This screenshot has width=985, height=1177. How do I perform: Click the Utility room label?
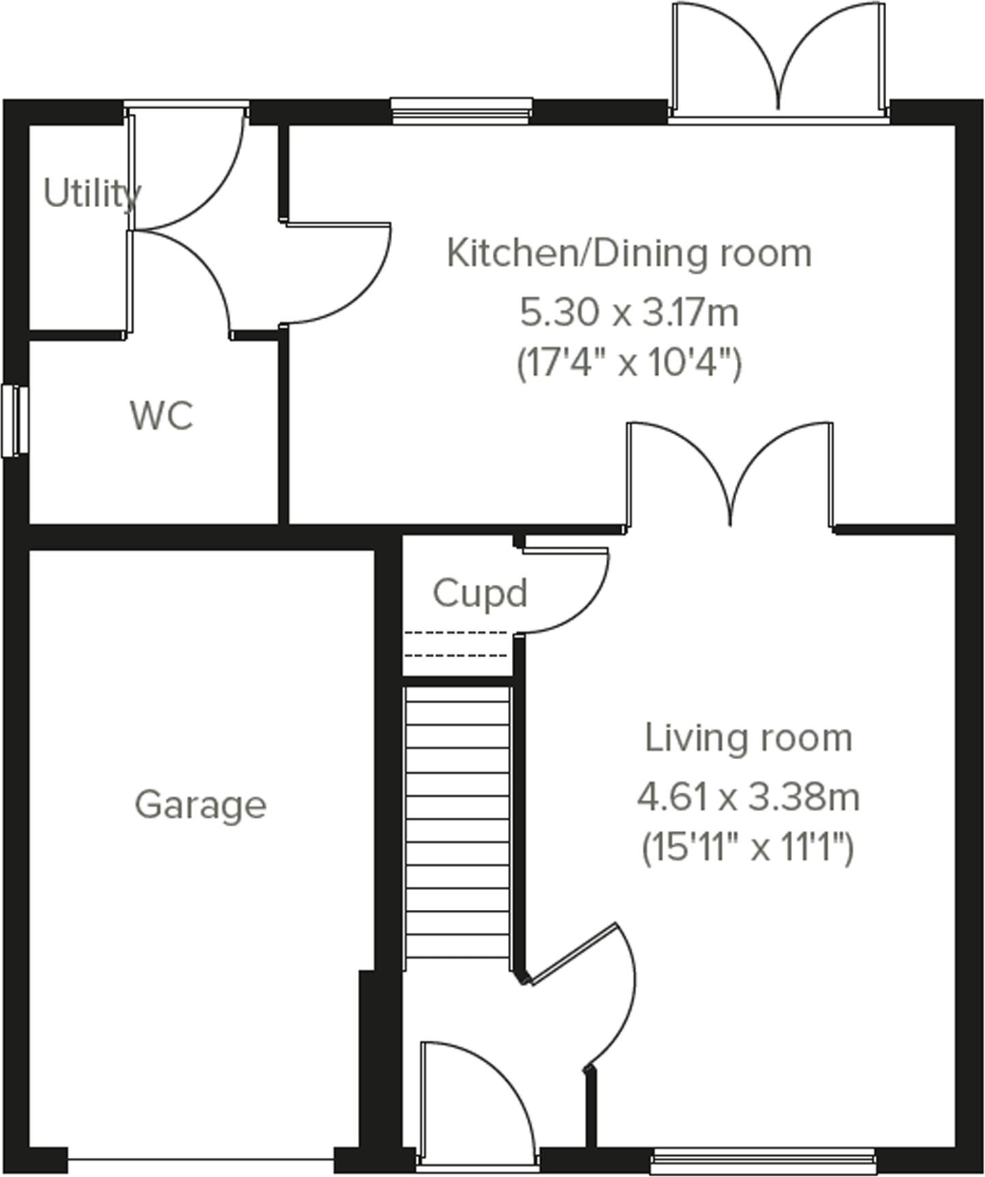92,194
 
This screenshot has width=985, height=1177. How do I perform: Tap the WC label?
162,415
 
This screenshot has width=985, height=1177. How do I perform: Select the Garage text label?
200,805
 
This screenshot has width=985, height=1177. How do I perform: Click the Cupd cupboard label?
480,593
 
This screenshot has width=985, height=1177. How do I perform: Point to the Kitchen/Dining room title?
628,254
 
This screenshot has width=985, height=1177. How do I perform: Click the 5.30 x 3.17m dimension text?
628,314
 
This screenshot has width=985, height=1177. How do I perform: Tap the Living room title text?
748,739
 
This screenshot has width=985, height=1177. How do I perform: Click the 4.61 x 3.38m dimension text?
748,797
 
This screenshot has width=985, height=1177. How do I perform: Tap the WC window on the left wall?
14,421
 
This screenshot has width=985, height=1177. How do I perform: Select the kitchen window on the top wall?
461,110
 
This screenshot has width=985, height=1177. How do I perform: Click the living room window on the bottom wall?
762,1161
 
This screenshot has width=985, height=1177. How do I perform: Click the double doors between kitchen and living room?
729,477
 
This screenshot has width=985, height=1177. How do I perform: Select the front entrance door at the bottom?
477,1104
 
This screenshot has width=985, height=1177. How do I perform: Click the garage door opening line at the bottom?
200,1158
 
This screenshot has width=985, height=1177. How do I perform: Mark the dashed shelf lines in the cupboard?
455,644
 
